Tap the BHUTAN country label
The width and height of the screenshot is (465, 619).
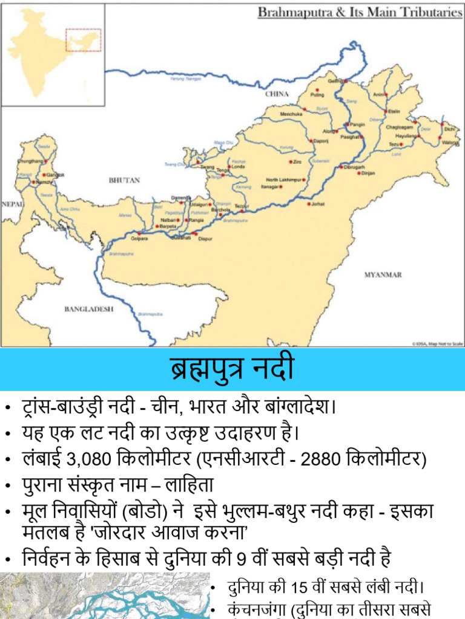coord(124,180)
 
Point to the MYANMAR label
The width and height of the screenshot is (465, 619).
coord(383,274)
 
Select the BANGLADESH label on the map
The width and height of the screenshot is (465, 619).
coord(89,309)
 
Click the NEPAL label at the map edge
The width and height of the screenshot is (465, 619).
coord(12,204)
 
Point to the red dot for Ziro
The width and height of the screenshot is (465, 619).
coord(291,161)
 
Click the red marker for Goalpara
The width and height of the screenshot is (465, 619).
coord(139,233)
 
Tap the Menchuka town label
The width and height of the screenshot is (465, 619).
coord(291,114)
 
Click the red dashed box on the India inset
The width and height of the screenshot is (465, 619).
coord(83,39)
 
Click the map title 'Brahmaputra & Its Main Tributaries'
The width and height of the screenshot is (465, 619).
coord(360,13)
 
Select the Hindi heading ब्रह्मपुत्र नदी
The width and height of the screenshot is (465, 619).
coord(232,369)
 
